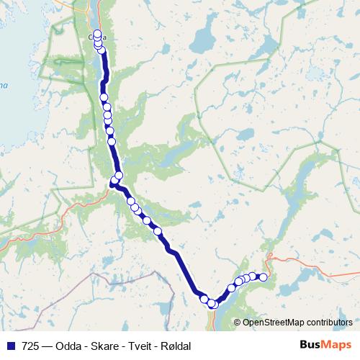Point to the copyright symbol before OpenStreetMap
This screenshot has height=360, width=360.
(x=238, y=322)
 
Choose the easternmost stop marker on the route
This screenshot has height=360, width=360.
(x=263, y=277)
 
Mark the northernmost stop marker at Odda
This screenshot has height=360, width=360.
(x=97, y=33)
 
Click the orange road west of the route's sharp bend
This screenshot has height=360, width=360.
(x=72, y=209)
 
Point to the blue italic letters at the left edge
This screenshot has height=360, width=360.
(x=3, y=86)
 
